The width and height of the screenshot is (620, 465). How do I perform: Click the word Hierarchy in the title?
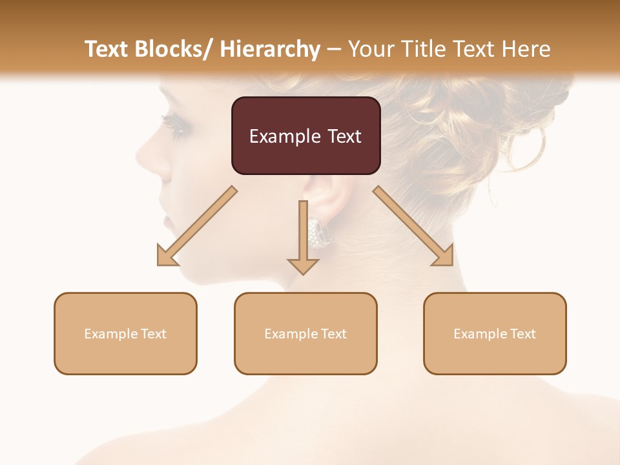click(x=270, y=49)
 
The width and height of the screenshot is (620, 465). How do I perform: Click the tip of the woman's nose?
click(x=139, y=155)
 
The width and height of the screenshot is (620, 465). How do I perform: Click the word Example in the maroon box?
click(x=276, y=136)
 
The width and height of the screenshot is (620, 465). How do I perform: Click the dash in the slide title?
click(x=335, y=49)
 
